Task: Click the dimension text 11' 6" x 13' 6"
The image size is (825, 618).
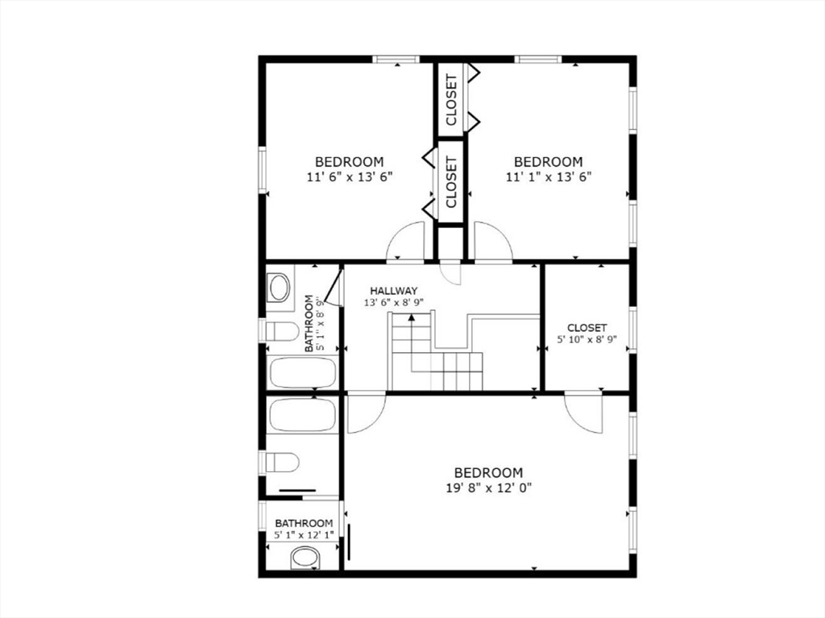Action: [x=350, y=177]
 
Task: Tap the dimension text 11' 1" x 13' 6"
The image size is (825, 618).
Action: [x=549, y=177]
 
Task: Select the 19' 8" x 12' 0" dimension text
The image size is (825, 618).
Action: [x=489, y=488]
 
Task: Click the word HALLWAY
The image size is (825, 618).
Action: [x=393, y=291]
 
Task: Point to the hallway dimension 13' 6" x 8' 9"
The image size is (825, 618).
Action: [x=393, y=303]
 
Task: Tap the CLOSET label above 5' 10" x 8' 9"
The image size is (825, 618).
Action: [x=587, y=328]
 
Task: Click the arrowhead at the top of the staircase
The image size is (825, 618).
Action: [x=412, y=317]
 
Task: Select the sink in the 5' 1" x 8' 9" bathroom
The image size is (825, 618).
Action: [x=279, y=288]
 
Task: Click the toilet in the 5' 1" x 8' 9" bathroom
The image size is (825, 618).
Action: [x=281, y=331]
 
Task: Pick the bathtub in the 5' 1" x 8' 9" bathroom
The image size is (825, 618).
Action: [x=303, y=373]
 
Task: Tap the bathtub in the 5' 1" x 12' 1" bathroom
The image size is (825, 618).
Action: [x=303, y=415]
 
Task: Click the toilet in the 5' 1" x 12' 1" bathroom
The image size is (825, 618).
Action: [x=281, y=462]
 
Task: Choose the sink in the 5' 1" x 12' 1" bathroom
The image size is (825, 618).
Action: [x=305, y=558]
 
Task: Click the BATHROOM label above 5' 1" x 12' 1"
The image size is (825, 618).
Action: [x=304, y=523]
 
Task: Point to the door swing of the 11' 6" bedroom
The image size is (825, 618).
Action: [x=405, y=241]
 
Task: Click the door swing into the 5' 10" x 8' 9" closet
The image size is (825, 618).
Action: [x=583, y=413]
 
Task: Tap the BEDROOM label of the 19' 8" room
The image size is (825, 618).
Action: [x=489, y=473]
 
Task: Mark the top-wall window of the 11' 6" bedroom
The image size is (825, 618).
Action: [x=396, y=59]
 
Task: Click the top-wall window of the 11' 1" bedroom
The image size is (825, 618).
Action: [x=537, y=59]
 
